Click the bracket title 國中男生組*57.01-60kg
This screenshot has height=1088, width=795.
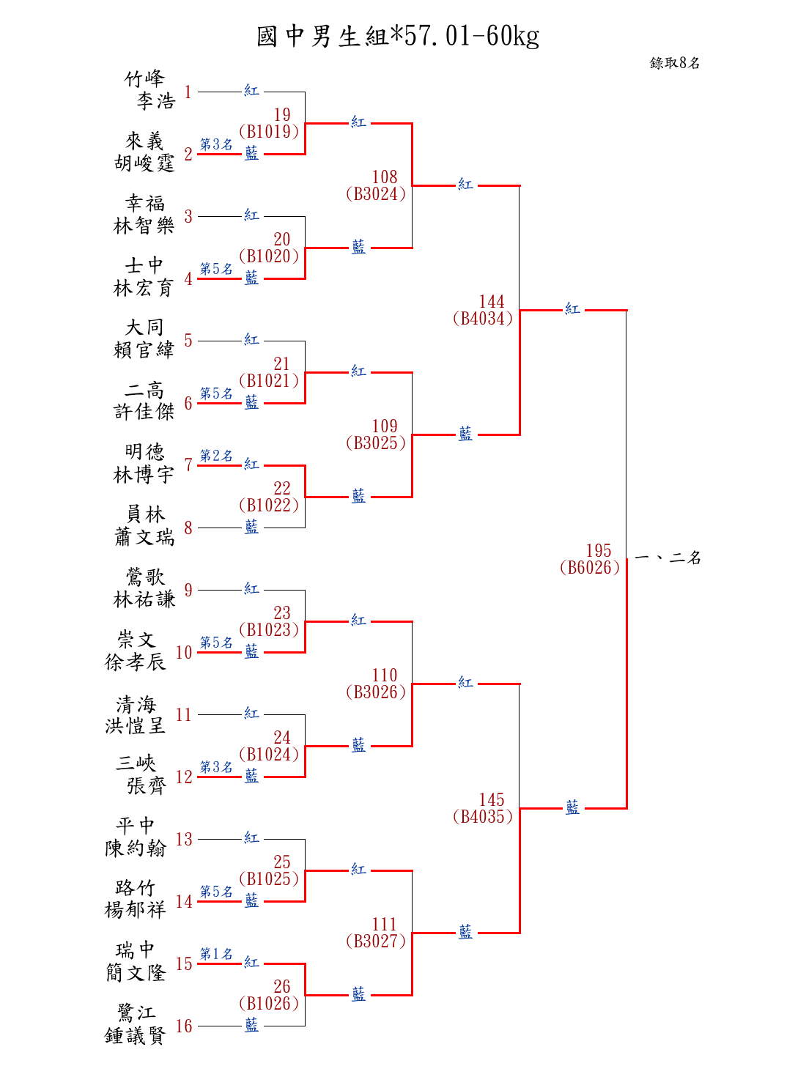click(x=398, y=36)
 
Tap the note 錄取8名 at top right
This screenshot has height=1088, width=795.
click(x=674, y=63)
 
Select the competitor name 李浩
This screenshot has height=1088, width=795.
click(x=155, y=101)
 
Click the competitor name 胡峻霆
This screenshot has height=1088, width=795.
click(x=144, y=163)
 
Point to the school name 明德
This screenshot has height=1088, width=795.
click(x=144, y=451)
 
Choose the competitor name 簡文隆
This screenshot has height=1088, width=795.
click(x=136, y=973)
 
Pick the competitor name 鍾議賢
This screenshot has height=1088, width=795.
click(x=136, y=1035)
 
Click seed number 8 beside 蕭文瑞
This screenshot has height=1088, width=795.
click(x=188, y=528)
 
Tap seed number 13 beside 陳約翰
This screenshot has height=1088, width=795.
click(x=184, y=839)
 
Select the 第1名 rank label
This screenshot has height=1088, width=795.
click(x=216, y=954)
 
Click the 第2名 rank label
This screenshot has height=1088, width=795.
click(x=216, y=456)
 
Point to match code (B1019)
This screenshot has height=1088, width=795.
click(x=269, y=132)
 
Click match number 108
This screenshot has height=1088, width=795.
click(x=385, y=177)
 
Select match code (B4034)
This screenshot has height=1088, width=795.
click(x=483, y=319)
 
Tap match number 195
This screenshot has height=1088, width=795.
click(x=599, y=551)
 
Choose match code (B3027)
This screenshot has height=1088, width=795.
click(x=376, y=941)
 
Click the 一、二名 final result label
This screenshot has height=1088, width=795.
click(x=668, y=558)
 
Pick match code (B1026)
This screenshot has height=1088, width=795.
click(x=269, y=1004)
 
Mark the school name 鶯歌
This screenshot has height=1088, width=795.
click(x=144, y=577)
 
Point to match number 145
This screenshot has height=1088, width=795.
click(x=492, y=800)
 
